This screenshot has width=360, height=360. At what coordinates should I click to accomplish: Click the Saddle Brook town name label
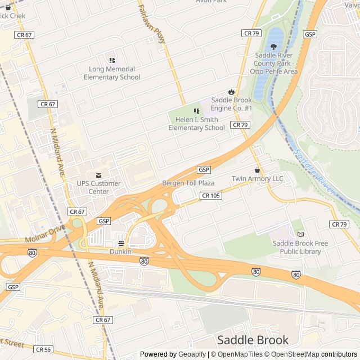coord(253,340)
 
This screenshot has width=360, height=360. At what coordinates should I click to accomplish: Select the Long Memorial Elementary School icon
coord(111,60)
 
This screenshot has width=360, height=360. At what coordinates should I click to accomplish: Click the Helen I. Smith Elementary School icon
coord(196,111)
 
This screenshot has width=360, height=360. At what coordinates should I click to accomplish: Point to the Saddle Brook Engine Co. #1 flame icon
coord(231,92)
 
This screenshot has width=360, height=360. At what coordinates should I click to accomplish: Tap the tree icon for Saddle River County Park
coord(274,47)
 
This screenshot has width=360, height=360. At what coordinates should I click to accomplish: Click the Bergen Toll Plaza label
coord(188,183)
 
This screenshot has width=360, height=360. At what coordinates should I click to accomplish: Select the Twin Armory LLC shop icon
coord(258,170)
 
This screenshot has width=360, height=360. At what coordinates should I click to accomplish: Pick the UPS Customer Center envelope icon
coord(99,175)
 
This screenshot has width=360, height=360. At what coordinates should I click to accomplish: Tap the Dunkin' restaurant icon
coord(120,243)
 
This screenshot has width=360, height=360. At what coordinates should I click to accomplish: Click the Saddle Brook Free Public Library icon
coord(300,234)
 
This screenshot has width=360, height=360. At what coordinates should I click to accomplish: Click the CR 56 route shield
coord(43,349)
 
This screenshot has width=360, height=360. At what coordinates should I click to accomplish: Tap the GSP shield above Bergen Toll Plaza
coord(204,170)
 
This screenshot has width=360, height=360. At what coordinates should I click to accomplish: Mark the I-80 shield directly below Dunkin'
coord(144,261)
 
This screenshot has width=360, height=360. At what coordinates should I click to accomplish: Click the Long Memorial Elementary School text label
coord(111,73)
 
